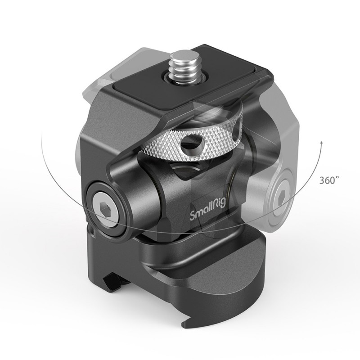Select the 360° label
pos(329,180)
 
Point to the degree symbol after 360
pos(337,177)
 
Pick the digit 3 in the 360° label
pos(323,180)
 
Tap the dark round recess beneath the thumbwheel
pos(180,173)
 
